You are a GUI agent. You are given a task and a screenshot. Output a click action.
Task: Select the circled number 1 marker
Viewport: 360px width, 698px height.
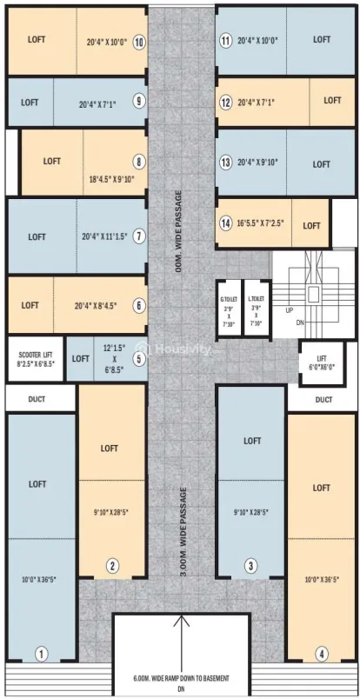(40, 652)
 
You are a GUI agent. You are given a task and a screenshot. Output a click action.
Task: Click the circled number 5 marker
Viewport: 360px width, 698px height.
(138, 358)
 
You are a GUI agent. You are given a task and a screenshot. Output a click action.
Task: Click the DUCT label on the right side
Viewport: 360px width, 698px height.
(323, 400)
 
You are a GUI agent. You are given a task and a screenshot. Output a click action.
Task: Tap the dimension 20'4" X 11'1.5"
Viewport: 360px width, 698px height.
(104, 236)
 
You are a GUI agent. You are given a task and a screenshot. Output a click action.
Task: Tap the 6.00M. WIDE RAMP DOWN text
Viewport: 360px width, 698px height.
(180, 678)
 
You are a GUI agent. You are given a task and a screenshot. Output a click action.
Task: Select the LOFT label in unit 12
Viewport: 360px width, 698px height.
(332, 101)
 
